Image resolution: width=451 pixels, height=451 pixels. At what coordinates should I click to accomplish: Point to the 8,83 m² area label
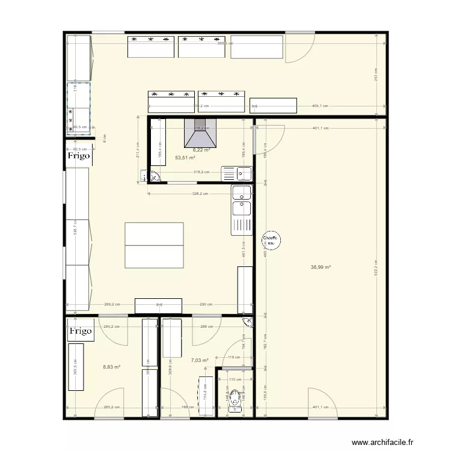(112, 367)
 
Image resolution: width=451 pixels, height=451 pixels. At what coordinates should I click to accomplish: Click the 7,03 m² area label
(200, 361)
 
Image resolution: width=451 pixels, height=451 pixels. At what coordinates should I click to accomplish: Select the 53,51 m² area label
(185, 158)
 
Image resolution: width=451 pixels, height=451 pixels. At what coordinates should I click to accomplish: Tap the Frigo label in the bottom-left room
(80, 331)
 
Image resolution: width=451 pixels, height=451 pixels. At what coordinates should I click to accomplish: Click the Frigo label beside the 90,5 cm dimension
(79, 155)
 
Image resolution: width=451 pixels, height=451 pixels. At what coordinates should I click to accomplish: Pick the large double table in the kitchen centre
(154, 245)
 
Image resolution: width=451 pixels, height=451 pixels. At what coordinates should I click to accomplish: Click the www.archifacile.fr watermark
(382, 443)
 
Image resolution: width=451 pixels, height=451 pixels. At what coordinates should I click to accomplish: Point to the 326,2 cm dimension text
(200, 194)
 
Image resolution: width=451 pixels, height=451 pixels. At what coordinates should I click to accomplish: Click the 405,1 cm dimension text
(321, 106)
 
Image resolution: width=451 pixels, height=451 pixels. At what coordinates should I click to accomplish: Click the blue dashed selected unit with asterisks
(79, 106)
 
